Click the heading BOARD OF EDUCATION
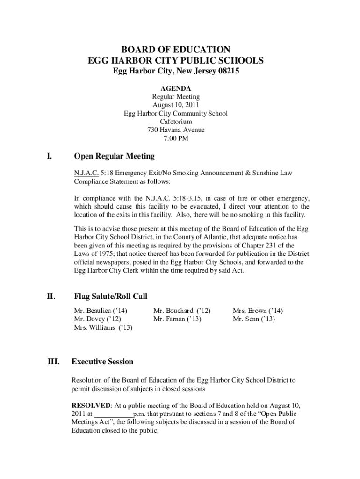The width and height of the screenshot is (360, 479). tap(176, 49)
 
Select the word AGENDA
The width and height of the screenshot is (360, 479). tap(176, 88)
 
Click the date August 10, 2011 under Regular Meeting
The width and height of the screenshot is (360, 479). tap(176, 105)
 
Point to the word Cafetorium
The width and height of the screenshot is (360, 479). tap(176, 122)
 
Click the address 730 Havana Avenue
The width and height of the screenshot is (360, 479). tap(176, 130)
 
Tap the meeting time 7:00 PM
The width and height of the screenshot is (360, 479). tap(176, 138)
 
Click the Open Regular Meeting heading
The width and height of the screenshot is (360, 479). tap(114, 156)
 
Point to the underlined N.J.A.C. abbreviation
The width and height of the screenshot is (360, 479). tap(86, 173)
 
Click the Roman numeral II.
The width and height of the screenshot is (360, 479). tap(50, 296)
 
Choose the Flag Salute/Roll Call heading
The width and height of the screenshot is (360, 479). tap(111, 296)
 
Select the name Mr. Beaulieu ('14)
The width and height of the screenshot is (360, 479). tap(101, 311)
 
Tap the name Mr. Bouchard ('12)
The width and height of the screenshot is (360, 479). tap(182, 311)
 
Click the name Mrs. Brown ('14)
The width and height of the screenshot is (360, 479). tap(258, 311)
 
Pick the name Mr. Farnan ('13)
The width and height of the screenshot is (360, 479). tap(177, 319)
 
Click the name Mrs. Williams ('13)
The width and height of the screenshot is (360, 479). tap(103, 328)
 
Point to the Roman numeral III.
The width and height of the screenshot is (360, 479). tap(53, 362)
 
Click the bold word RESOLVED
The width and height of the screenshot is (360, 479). tap(91, 405)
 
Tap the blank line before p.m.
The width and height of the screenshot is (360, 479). tap(114, 414)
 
